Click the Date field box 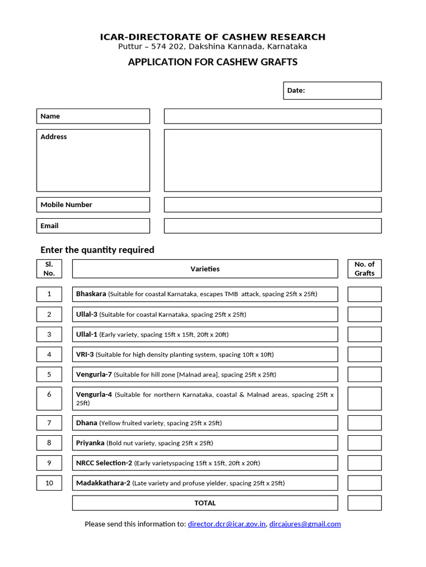pos(332,90)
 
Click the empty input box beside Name pos(272,116)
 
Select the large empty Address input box pos(272,160)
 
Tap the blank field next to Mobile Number pos(272,205)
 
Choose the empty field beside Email pos(272,226)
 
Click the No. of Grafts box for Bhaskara pos(364,294)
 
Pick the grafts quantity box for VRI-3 pos(364,354)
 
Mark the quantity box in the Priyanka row pos(364,443)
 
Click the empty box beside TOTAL pos(364,503)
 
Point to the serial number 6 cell pos(49,395)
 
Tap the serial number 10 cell pos(49,483)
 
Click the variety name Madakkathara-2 pos(103,483)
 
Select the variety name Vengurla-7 pos(94,374)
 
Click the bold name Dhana pos(87,423)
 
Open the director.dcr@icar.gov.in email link pos(227,524)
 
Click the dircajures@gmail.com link pos(305,524)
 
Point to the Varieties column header pos(205,269)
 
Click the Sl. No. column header pos(49,269)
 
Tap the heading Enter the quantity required pos(97,250)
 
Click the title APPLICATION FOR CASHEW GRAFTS pos(212,62)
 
